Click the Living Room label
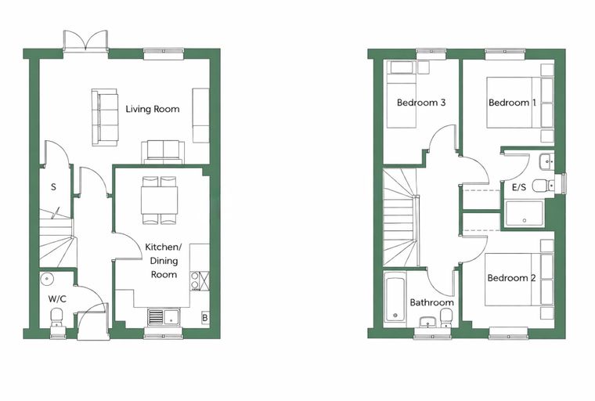click(x=153, y=110)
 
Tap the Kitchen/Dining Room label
click(x=164, y=261)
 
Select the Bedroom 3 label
click(x=421, y=103)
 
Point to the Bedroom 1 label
click(x=512, y=103)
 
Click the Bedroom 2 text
click(x=511, y=278)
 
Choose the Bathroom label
click(x=432, y=302)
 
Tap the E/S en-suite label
click(x=519, y=187)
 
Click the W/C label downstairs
click(x=57, y=299)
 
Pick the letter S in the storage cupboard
click(x=53, y=187)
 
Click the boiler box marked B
click(x=205, y=317)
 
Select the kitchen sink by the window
click(x=165, y=316)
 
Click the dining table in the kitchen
click(x=160, y=200)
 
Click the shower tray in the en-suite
click(x=524, y=214)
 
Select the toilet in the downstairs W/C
click(x=57, y=317)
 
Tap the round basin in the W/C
click(x=47, y=279)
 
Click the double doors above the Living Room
click(x=86, y=40)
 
